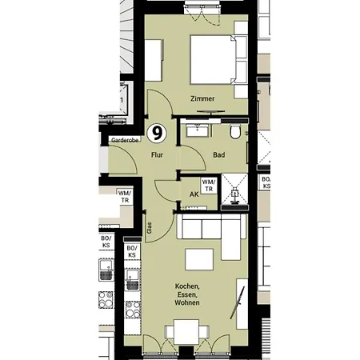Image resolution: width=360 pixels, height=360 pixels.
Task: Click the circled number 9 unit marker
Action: point(157,134)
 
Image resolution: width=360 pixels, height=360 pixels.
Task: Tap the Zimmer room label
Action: point(202,98)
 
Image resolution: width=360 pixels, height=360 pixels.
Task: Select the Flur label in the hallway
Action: point(157,155)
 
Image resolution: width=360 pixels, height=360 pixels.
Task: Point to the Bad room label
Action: point(219,155)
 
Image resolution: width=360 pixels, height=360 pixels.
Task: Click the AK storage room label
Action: point(194,194)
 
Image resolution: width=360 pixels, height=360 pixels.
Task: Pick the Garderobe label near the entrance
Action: point(125,140)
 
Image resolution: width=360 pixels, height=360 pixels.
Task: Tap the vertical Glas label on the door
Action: point(150,228)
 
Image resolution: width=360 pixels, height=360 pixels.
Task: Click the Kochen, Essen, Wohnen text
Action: point(187,294)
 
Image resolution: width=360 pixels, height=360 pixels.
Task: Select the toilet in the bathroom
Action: point(235,131)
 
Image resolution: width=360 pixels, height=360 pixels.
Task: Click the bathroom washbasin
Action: point(198,130)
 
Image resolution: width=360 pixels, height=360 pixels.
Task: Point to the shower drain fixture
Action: point(234,194)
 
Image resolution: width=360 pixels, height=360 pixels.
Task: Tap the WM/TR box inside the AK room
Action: point(209,186)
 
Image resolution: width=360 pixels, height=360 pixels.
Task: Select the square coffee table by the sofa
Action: point(199,259)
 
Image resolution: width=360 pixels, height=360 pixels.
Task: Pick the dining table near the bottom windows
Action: point(186,332)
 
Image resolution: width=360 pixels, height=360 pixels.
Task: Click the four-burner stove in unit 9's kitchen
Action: point(133,310)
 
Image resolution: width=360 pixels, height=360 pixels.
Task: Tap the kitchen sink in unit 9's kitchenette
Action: point(133,280)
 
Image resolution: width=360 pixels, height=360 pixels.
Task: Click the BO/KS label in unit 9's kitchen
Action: point(132,251)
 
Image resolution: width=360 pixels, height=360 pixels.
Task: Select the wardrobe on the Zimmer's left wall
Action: point(154,60)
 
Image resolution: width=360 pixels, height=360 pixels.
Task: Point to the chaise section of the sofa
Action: point(231,237)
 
